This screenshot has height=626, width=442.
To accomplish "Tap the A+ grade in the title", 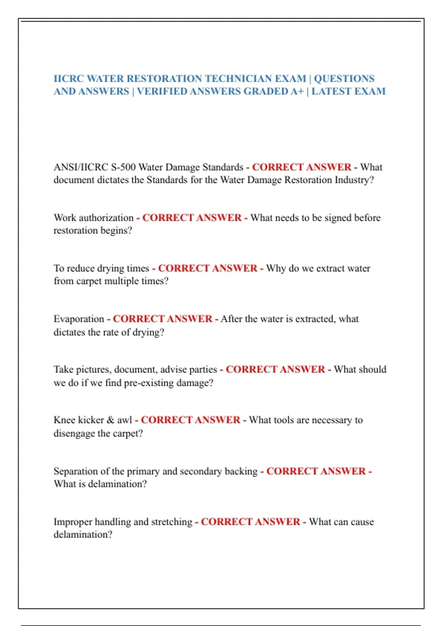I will [297, 91].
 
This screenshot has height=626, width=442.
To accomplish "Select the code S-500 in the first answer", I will [123, 167].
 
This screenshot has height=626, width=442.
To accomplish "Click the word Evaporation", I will [79, 319].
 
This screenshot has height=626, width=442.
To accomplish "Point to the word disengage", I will [74, 433].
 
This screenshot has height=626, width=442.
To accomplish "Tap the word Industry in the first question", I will [354, 180].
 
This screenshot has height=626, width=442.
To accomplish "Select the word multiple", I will [122, 281].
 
